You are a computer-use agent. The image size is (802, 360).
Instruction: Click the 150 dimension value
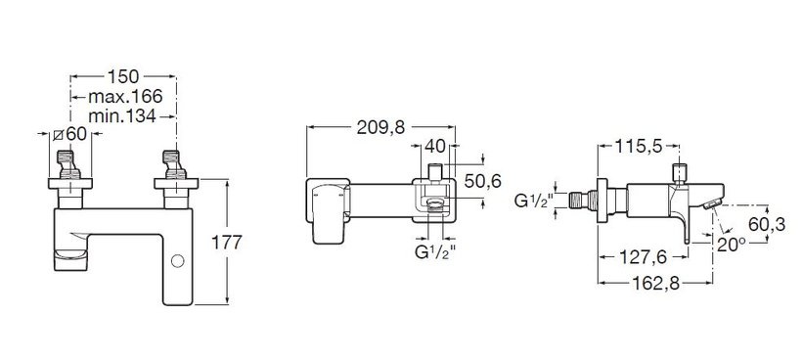[x=123, y=76]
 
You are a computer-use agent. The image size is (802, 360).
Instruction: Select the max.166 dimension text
[x=125, y=96]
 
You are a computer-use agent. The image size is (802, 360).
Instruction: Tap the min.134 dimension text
[x=122, y=116]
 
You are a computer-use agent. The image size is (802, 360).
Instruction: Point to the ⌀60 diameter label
[x=70, y=134]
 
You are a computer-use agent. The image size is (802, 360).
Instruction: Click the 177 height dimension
[x=227, y=242]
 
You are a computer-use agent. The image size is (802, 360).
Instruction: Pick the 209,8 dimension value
[x=380, y=128]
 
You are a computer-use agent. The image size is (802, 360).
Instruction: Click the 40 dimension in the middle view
[x=435, y=147]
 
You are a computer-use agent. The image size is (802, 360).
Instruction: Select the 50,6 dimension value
[x=483, y=181]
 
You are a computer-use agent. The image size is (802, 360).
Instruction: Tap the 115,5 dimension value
[x=639, y=147]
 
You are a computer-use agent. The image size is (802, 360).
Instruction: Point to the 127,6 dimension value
[x=643, y=257]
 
